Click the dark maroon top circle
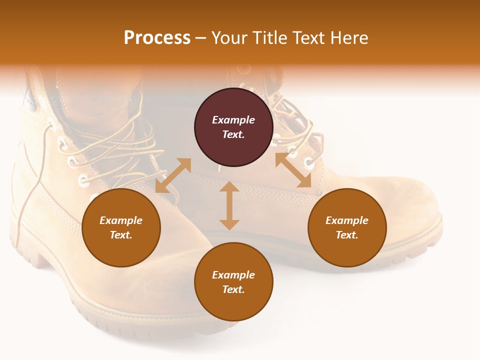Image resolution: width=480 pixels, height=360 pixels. (x=233, y=127)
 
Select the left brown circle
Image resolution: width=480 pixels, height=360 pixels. (x=121, y=227)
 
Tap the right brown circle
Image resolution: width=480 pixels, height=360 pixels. (x=347, y=227)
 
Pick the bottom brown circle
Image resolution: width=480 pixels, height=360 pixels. (x=233, y=282)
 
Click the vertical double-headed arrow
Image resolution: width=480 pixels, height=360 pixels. (x=229, y=205)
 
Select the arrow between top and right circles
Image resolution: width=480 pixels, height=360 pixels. (x=293, y=170)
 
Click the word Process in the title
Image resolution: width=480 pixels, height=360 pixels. (x=157, y=37)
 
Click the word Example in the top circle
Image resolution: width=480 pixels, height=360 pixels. (x=233, y=120)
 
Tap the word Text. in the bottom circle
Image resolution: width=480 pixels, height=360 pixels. (x=233, y=289)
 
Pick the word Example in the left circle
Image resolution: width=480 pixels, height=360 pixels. (x=121, y=220)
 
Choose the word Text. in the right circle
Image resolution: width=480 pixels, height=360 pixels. (x=347, y=235)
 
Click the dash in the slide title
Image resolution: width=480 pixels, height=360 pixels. (x=201, y=37)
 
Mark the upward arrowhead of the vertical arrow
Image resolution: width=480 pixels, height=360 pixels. (x=229, y=186)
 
